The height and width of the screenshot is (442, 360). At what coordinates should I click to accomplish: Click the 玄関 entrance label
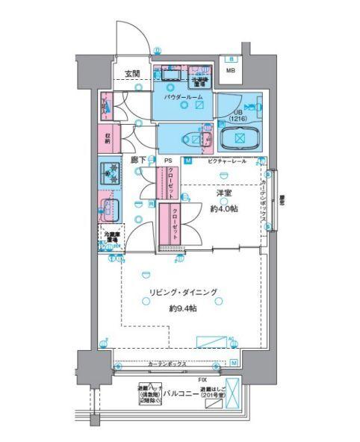click(x=132, y=73)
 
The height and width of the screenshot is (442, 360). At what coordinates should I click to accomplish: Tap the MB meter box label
click(x=232, y=72)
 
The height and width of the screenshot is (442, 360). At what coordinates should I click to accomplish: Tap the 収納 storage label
click(x=108, y=138)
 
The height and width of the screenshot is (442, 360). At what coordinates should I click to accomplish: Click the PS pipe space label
click(x=168, y=161)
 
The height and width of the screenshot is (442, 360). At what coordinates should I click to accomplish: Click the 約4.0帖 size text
click(x=223, y=208)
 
